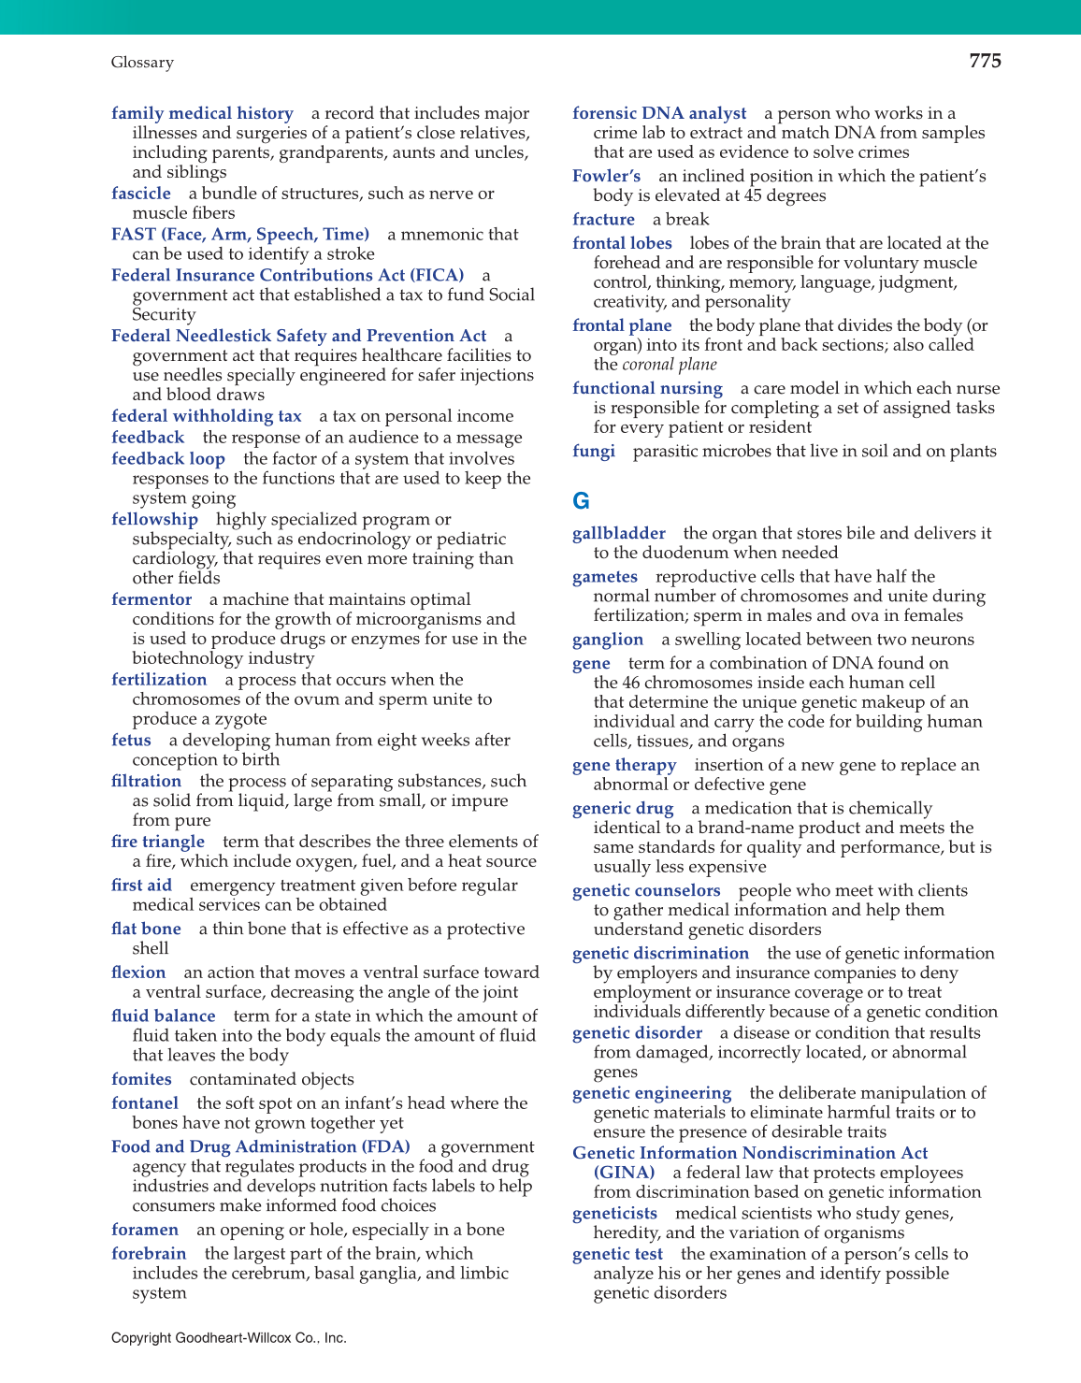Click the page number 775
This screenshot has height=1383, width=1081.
tap(985, 62)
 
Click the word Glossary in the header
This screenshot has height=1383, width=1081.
tap(142, 63)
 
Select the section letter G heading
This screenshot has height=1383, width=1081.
tap(581, 501)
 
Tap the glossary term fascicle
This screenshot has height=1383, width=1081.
tap(141, 194)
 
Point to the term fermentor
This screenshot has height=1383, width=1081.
tap(151, 599)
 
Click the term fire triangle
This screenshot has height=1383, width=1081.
tap(158, 842)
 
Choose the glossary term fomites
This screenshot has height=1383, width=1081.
tap(141, 1079)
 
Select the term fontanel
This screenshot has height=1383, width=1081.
tap(145, 1103)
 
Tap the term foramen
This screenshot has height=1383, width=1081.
tap(145, 1230)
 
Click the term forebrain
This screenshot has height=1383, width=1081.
tap(149, 1254)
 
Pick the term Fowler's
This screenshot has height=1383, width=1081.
tap(607, 176)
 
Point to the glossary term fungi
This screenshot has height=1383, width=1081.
tap(594, 452)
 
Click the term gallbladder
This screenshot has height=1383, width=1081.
tap(619, 533)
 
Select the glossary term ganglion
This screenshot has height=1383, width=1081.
tap(608, 640)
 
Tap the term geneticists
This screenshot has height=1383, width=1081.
tap(615, 1214)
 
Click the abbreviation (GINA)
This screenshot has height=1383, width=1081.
tap(624, 1173)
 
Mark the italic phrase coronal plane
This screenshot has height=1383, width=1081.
tap(670, 365)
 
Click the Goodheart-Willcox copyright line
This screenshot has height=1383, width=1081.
tap(229, 1338)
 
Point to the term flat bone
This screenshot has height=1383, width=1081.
tap(147, 929)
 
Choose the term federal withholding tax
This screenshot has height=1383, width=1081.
tap(207, 416)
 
